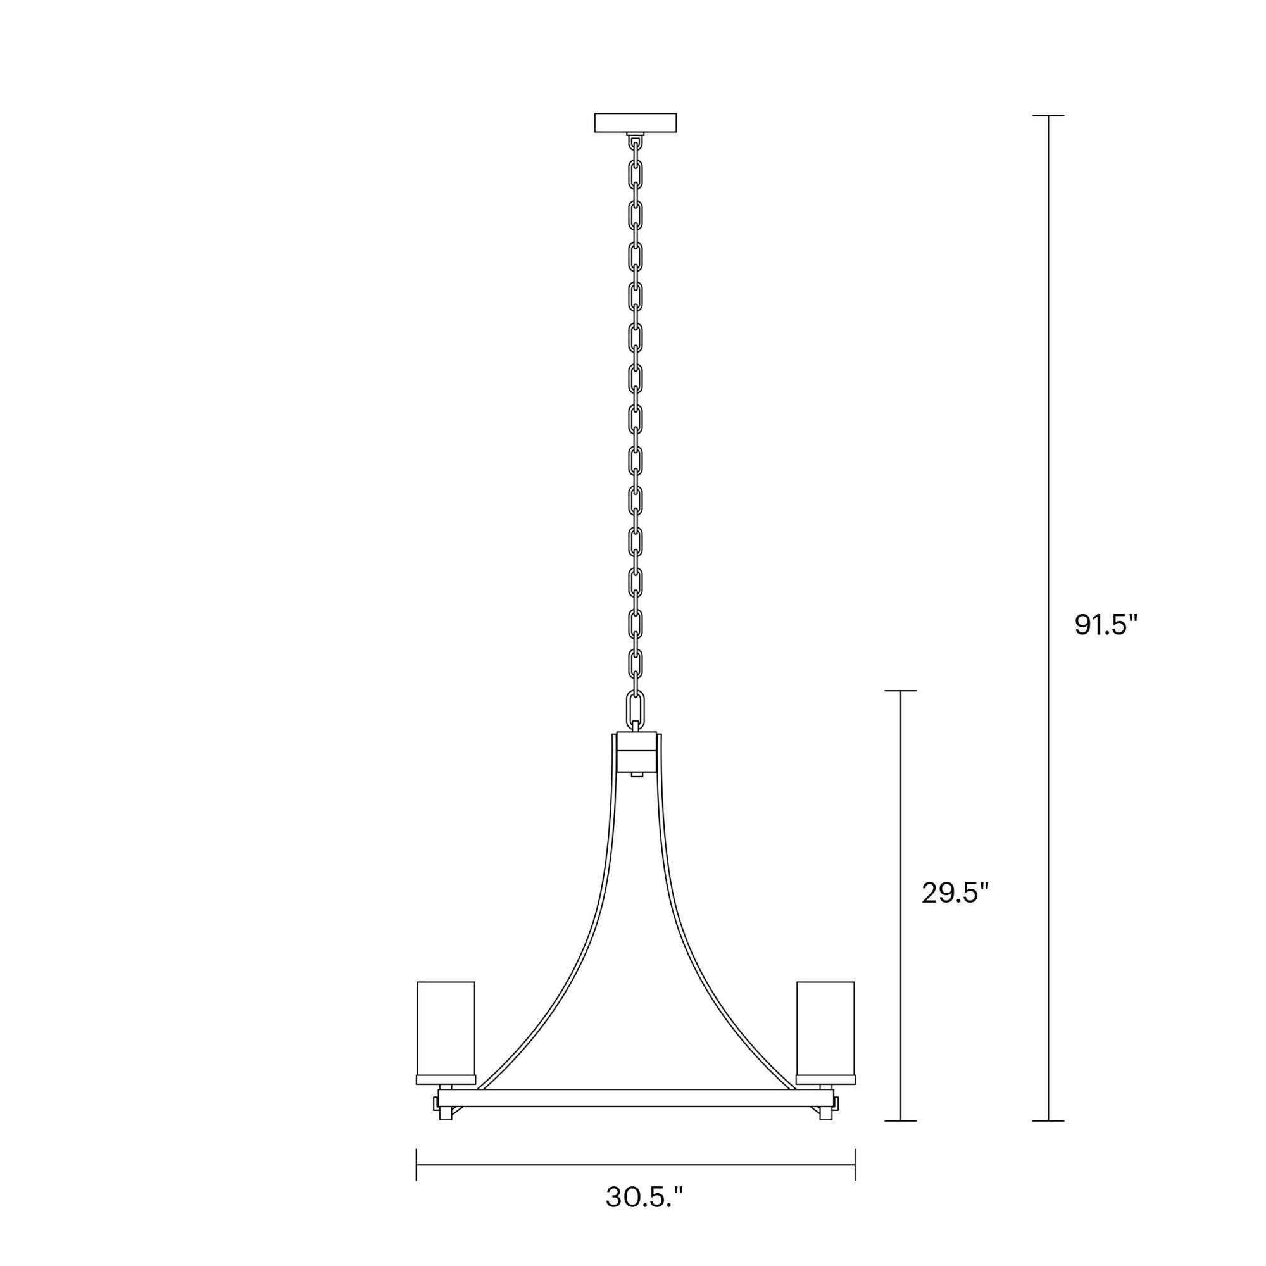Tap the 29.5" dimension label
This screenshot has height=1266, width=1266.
pyautogui.click(x=955, y=893)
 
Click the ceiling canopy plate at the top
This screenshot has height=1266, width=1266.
pyautogui.click(x=635, y=123)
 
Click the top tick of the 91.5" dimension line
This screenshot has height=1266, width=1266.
pyautogui.click(x=1048, y=115)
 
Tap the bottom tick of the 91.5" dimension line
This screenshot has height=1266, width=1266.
pyautogui.click(x=1048, y=1120)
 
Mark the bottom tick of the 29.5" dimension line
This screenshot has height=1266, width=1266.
pyautogui.click(x=900, y=1120)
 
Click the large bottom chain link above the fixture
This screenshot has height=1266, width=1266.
pyautogui.click(x=634, y=708)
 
